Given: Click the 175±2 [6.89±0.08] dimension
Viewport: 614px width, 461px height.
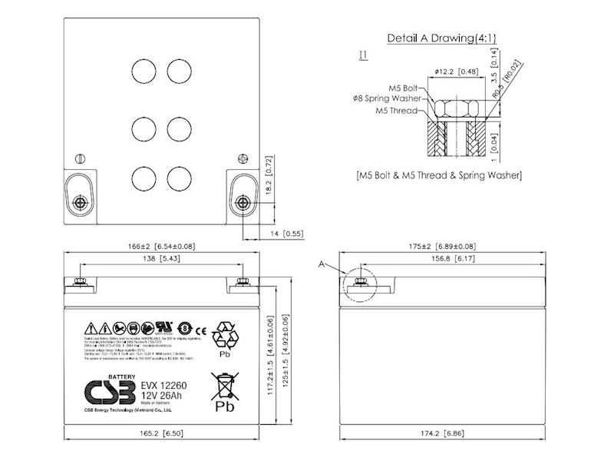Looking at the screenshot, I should pos(441,247).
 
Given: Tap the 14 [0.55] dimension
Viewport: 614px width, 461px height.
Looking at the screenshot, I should pos(286,232).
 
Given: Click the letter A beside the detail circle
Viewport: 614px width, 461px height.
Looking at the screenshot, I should pos(323,264).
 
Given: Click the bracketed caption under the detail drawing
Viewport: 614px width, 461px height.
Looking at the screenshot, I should pos(440,175).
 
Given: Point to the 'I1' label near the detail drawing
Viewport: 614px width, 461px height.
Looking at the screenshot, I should pos(363,55).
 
